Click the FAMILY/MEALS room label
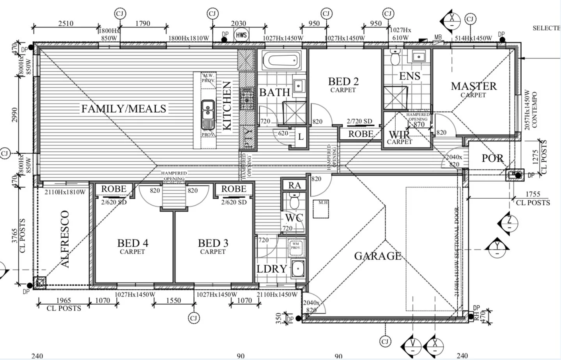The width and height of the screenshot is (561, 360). [x=124, y=109]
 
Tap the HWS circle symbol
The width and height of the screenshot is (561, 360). [x=241, y=35]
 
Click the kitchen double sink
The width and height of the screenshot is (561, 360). [x=207, y=110]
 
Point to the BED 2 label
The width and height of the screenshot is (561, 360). [x=343, y=82]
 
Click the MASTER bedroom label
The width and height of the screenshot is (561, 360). [x=474, y=86]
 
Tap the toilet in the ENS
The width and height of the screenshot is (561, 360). [x=395, y=58]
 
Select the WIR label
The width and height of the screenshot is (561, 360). [x=399, y=135]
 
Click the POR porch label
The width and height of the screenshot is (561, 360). [x=492, y=158]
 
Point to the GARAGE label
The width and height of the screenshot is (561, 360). [x=377, y=256]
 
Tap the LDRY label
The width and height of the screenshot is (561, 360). [x=272, y=269]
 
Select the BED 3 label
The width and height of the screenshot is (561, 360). [x=213, y=243]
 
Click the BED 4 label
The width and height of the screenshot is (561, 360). [x=133, y=243]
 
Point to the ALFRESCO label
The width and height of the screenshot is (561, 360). [x=65, y=239]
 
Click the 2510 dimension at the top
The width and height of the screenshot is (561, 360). [x=66, y=23]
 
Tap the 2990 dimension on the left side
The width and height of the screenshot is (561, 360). [x=15, y=115]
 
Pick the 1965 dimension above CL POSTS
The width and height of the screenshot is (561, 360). [x=64, y=300]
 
